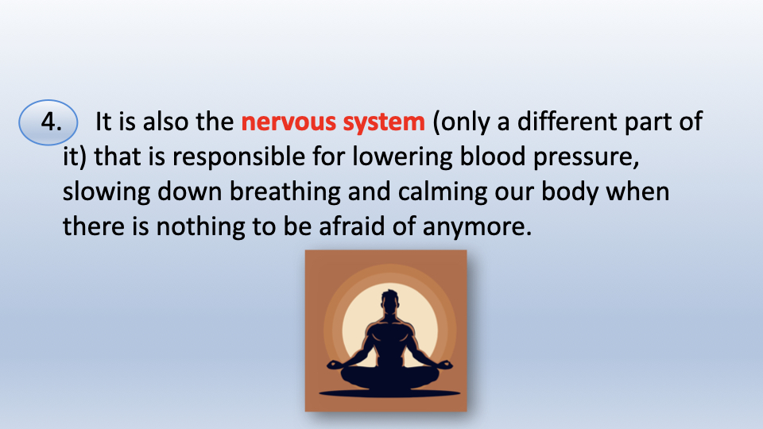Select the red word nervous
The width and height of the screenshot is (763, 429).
click(x=289, y=122)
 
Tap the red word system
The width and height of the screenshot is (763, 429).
click(x=384, y=122)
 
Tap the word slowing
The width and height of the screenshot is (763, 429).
click(x=106, y=191)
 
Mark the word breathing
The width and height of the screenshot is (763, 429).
click(x=285, y=191)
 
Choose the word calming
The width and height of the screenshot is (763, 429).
click(x=443, y=191)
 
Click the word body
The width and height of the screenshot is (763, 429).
click(x=570, y=191)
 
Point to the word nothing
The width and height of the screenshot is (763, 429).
click(x=200, y=226)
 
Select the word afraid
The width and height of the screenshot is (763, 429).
click(x=352, y=226)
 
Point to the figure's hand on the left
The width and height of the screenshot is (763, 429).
click(x=335, y=365)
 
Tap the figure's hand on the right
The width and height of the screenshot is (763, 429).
click(x=444, y=365)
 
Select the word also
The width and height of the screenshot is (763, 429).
click(x=165, y=121)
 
